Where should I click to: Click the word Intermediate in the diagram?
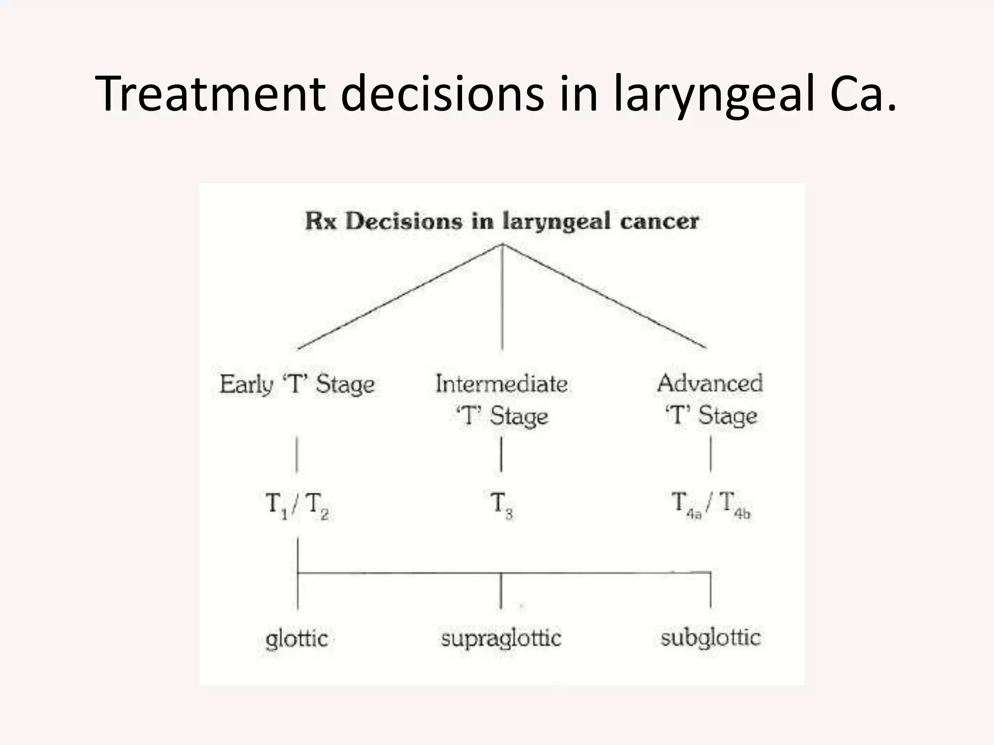click(501, 384)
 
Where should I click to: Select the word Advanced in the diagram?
click(710, 383)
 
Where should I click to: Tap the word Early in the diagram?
click(246, 385)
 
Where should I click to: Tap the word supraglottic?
click(501, 638)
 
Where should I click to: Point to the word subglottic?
click(710, 637)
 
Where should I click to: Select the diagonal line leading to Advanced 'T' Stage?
click(604, 296)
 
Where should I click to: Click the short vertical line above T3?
click(501, 454)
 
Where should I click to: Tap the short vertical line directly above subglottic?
click(711, 590)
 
